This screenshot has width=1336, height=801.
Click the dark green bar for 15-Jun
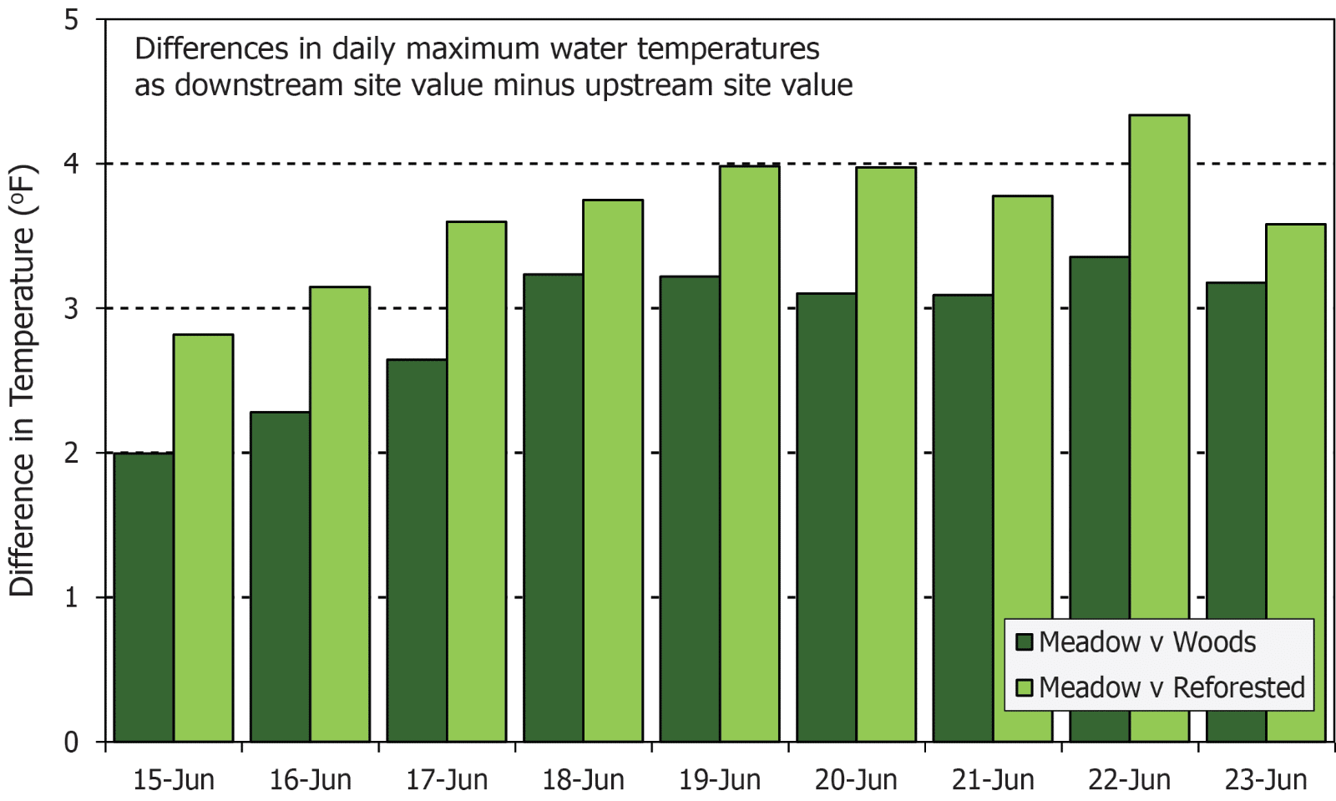144,597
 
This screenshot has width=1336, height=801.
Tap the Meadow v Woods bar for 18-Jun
553,508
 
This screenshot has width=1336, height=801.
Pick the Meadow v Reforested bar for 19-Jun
749,454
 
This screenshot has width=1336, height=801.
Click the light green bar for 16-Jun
340,515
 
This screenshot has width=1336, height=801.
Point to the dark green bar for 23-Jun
1236,512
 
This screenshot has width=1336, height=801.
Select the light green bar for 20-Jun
886,454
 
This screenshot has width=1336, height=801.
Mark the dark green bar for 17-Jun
417,550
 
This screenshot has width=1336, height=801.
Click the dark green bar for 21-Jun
963,518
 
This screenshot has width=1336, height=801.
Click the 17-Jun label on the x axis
447,780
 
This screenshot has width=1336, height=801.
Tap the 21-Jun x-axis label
993,780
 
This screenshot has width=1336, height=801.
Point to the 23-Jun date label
1266,780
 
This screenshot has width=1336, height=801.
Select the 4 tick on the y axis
72,164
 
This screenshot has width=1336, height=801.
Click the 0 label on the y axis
72,742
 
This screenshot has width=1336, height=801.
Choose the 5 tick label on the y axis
72,19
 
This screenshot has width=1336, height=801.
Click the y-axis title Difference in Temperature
23,380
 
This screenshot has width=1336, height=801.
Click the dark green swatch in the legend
1025,641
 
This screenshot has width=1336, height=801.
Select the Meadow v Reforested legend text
1172,687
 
